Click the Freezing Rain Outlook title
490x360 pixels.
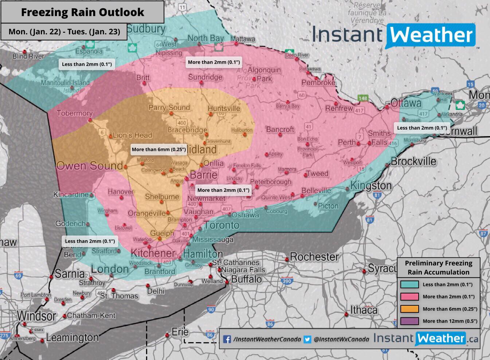coord(82,12)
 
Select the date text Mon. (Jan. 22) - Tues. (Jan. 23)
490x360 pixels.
coord(64,32)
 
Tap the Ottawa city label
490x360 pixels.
coord(406,103)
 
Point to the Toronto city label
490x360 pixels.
coord(221,225)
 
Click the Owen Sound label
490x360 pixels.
coord(89,166)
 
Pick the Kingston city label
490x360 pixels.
coord(371,186)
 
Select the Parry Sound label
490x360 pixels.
coord(169,107)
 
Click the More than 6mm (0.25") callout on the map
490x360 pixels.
coord(159,149)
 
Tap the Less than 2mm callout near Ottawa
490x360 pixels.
coord(422,128)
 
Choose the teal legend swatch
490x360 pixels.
coord(409,285)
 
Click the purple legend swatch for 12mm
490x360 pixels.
coord(409,321)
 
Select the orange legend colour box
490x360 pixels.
coord(409,309)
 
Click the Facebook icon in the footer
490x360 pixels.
coord(227,339)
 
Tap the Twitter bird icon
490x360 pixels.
coord(307,339)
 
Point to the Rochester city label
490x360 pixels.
coord(314,257)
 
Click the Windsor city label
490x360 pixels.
coord(36,315)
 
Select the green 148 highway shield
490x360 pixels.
coord(363,98)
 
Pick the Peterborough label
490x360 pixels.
coord(271,182)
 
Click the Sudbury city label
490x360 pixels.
coord(146,29)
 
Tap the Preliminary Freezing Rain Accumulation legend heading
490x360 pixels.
coord(438,268)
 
